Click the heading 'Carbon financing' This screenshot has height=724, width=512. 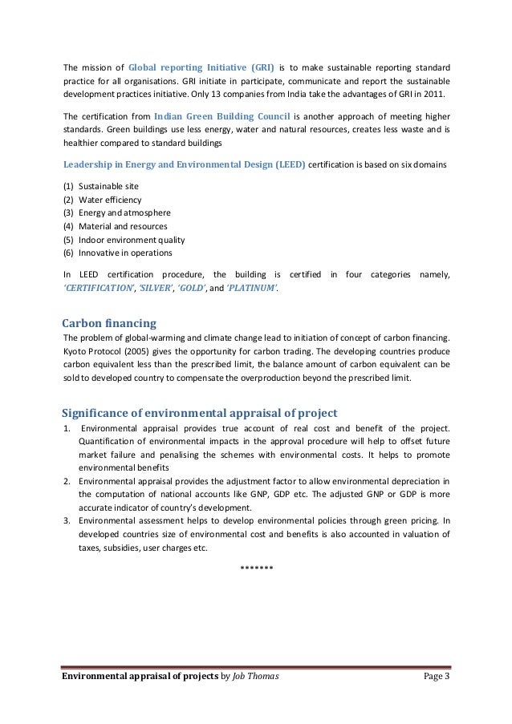(x=109, y=323)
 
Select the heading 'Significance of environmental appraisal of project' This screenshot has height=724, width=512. (x=193, y=413)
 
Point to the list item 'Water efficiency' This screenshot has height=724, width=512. (x=110, y=200)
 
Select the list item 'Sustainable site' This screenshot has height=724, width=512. (x=108, y=186)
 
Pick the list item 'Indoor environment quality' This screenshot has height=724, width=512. (x=132, y=240)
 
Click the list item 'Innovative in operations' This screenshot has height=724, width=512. (x=125, y=253)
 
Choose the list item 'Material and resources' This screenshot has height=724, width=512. (x=123, y=226)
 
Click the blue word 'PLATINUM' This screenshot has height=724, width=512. (x=253, y=288)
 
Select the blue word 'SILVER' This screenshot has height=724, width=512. (x=152, y=288)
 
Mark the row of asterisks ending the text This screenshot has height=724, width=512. (x=257, y=568)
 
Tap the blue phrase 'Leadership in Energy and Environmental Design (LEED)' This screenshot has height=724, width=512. (x=184, y=164)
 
